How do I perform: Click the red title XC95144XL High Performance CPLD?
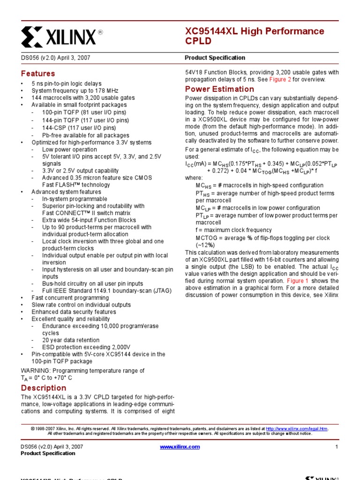(255, 36)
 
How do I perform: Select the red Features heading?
(38, 74)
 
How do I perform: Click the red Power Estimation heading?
(219, 89)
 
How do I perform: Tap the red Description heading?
(44, 388)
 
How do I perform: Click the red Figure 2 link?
(280, 80)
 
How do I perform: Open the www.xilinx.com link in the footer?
(180, 447)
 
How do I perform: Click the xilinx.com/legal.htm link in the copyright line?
(297, 429)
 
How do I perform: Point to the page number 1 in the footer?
(337, 447)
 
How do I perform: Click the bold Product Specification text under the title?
(215, 58)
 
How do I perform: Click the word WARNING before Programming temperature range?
(35, 371)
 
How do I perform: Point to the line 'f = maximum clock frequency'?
(233, 230)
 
